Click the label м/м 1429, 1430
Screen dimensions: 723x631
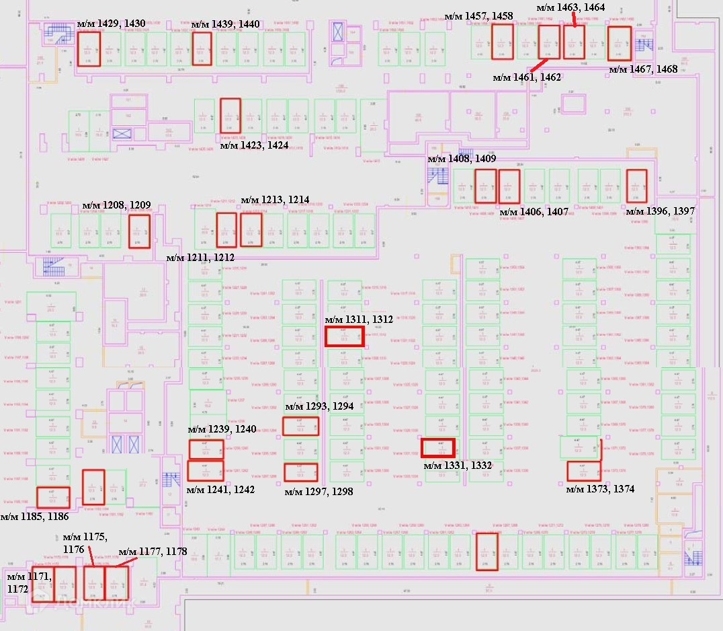(x=108, y=24)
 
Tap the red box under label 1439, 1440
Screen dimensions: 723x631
(x=202, y=48)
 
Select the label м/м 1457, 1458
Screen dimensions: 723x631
(x=479, y=16)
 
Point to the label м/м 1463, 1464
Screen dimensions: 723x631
(x=571, y=7)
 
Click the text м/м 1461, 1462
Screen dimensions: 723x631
(x=527, y=77)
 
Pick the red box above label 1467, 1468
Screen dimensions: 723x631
(x=620, y=44)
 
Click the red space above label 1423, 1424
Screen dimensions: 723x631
(x=230, y=116)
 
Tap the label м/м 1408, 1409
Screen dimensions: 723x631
(x=462, y=159)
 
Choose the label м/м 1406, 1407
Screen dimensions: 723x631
(x=535, y=212)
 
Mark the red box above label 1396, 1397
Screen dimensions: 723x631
(x=636, y=186)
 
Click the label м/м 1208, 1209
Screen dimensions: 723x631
(x=116, y=205)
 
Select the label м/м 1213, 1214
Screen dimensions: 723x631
(x=275, y=200)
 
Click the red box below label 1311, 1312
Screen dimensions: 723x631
(x=345, y=336)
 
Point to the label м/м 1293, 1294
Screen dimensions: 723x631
(x=319, y=406)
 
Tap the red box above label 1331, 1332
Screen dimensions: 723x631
(x=438, y=447)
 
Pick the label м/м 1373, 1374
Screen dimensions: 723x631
(x=600, y=489)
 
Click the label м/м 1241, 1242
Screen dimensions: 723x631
(x=220, y=490)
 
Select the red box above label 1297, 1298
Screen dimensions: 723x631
(x=300, y=472)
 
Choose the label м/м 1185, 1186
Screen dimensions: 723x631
(x=34, y=517)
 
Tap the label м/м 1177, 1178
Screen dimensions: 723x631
(x=153, y=552)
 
